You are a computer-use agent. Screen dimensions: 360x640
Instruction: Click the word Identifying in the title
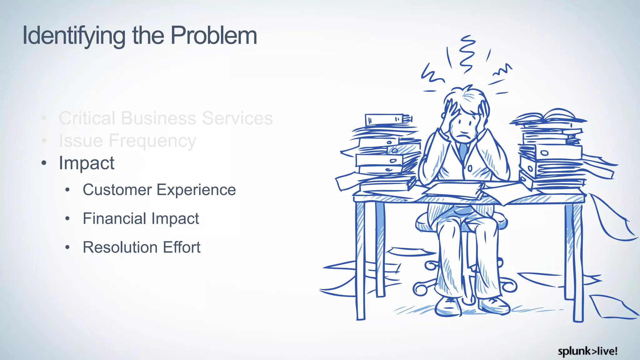tap(74, 36)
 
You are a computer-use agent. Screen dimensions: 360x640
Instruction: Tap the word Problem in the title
tap(214, 35)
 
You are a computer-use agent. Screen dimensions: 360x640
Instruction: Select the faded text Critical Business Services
tap(166, 118)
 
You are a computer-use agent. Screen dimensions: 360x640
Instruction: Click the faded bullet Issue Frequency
tap(127, 141)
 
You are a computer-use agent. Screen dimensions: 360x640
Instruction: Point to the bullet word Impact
tap(87, 163)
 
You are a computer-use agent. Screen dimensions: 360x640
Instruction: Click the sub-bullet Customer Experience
tap(159, 190)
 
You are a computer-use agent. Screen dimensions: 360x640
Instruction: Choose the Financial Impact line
tap(141, 218)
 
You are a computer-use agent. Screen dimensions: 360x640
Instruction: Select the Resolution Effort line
tap(141, 247)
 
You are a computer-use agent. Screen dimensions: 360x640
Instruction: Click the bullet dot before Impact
tap(44, 163)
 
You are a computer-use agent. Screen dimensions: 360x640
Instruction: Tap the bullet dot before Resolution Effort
tap(67, 247)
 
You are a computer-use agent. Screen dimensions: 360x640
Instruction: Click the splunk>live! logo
tap(587, 351)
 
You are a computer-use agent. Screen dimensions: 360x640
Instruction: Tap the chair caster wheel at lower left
tap(420, 289)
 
